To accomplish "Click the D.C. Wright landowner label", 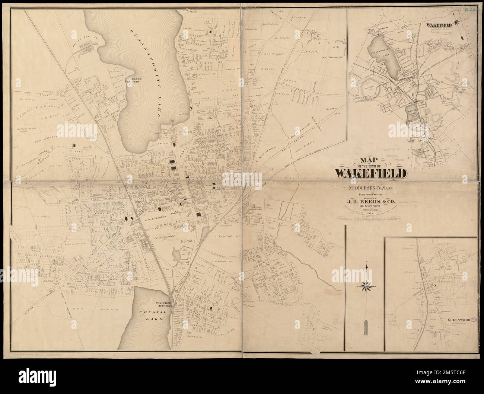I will (x=274, y=54).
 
